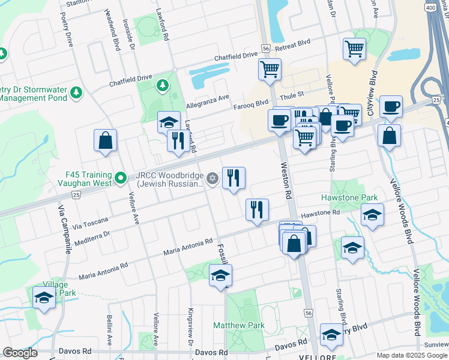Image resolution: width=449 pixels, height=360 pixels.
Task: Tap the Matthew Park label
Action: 239,325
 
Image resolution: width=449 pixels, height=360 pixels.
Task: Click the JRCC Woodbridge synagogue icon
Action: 212,178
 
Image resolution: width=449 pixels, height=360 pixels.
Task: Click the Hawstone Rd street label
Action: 320,213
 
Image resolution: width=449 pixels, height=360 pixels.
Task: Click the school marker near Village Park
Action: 44,298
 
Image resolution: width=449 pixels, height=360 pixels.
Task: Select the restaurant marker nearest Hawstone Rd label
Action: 257,209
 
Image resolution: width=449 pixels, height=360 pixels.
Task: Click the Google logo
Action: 20,353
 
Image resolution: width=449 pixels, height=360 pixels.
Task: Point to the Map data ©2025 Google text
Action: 412,355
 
